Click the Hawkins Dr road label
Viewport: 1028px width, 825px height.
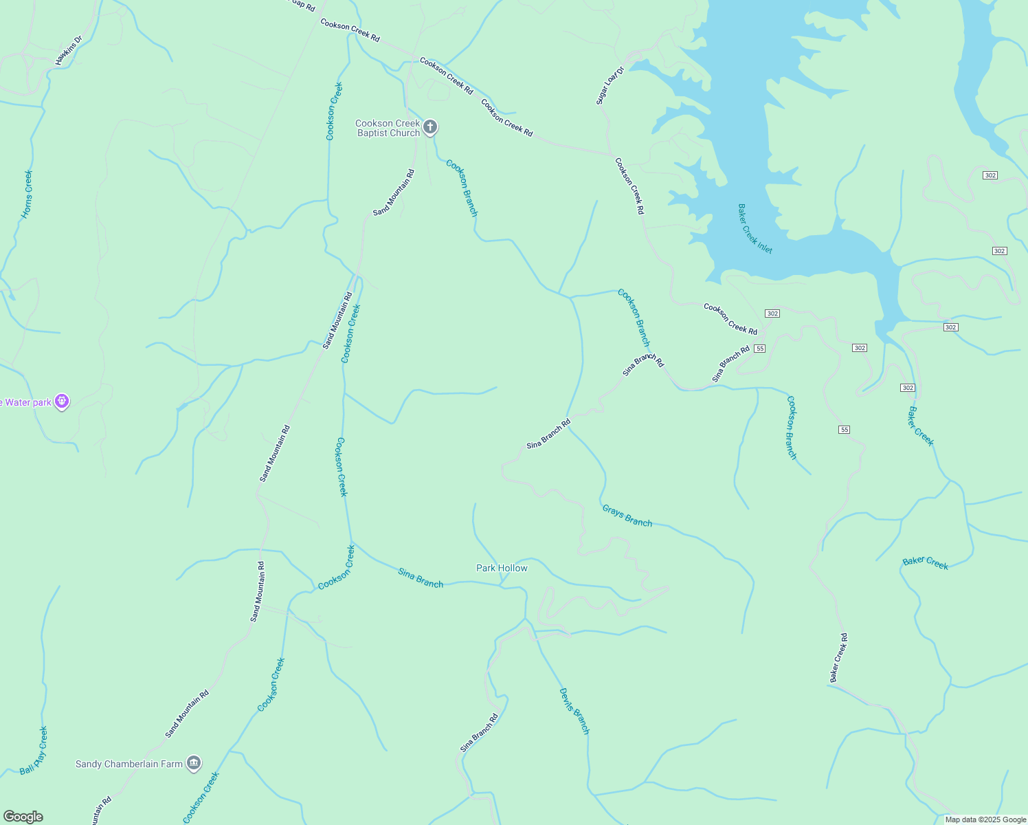coord(69,50)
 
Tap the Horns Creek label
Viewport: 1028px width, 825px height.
coord(27,194)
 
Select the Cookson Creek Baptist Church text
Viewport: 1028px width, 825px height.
coord(388,129)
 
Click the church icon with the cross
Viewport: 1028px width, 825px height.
coord(430,126)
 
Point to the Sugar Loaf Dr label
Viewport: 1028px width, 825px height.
coord(609,86)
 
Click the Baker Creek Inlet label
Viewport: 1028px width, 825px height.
coord(755,228)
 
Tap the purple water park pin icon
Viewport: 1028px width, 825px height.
coord(62,401)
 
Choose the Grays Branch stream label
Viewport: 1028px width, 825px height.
coord(627,516)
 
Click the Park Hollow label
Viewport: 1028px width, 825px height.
coord(502,568)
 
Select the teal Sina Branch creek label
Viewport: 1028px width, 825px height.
coord(421,578)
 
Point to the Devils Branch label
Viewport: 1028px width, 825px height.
coord(574,711)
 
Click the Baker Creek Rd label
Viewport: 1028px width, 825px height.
coord(838,658)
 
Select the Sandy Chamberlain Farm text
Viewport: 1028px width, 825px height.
coord(129,764)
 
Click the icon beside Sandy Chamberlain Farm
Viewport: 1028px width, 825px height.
coord(194,763)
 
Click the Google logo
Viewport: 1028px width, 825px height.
coord(23,817)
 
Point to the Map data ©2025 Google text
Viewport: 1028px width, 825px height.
coord(985,819)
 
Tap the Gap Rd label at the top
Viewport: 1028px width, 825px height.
coord(302,5)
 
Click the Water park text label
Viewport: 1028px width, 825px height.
coord(26,403)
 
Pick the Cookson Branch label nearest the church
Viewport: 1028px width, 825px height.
coord(461,188)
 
